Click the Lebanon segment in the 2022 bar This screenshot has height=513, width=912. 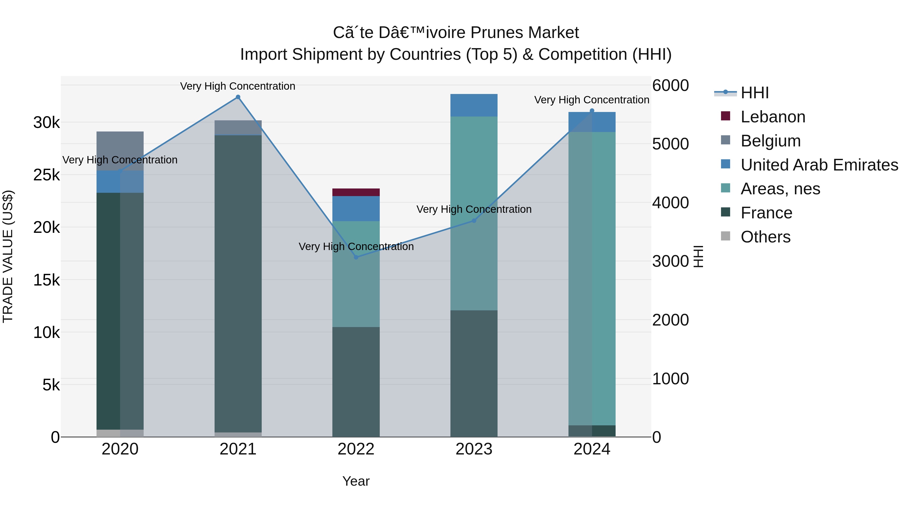(x=356, y=192)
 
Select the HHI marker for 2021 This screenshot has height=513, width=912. (x=238, y=97)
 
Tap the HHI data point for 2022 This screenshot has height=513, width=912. (x=356, y=257)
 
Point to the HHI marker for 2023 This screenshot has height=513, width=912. (x=474, y=221)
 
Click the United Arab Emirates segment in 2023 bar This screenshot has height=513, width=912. (x=474, y=105)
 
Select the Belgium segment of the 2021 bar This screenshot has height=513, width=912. (x=238, y=127)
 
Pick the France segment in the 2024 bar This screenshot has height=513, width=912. (x=592, y=431)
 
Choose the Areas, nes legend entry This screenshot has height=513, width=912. (x=780, y=189)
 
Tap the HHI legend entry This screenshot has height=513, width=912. (x=754, y=93)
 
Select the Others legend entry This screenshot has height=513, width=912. (x=765, y=237)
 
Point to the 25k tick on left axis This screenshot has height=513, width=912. (x=46, y=175)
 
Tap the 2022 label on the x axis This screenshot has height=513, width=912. (x=356, y=449)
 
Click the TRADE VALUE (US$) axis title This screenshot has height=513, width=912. (x=8, y=256)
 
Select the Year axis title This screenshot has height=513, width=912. (x=356, y=481)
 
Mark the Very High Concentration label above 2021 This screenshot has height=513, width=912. (x=238, y=86)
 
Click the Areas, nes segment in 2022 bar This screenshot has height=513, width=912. (x=356, y=274)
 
